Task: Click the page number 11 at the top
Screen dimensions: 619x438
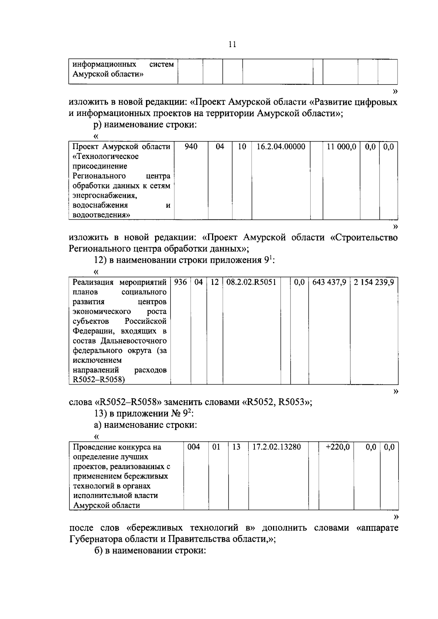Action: [x=232, y=44]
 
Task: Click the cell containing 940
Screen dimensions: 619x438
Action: [x=191, y=147]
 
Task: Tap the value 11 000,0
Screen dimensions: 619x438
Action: [x=341, y=147]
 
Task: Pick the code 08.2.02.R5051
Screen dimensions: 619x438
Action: [x=251, y=282]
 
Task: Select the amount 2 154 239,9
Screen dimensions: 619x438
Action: [x=374, y=282]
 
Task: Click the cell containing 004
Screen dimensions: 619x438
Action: [x=194, y=447]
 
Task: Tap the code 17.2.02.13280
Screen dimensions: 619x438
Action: [x=277, y=447]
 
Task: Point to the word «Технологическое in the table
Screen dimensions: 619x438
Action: [x=105, y=157]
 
